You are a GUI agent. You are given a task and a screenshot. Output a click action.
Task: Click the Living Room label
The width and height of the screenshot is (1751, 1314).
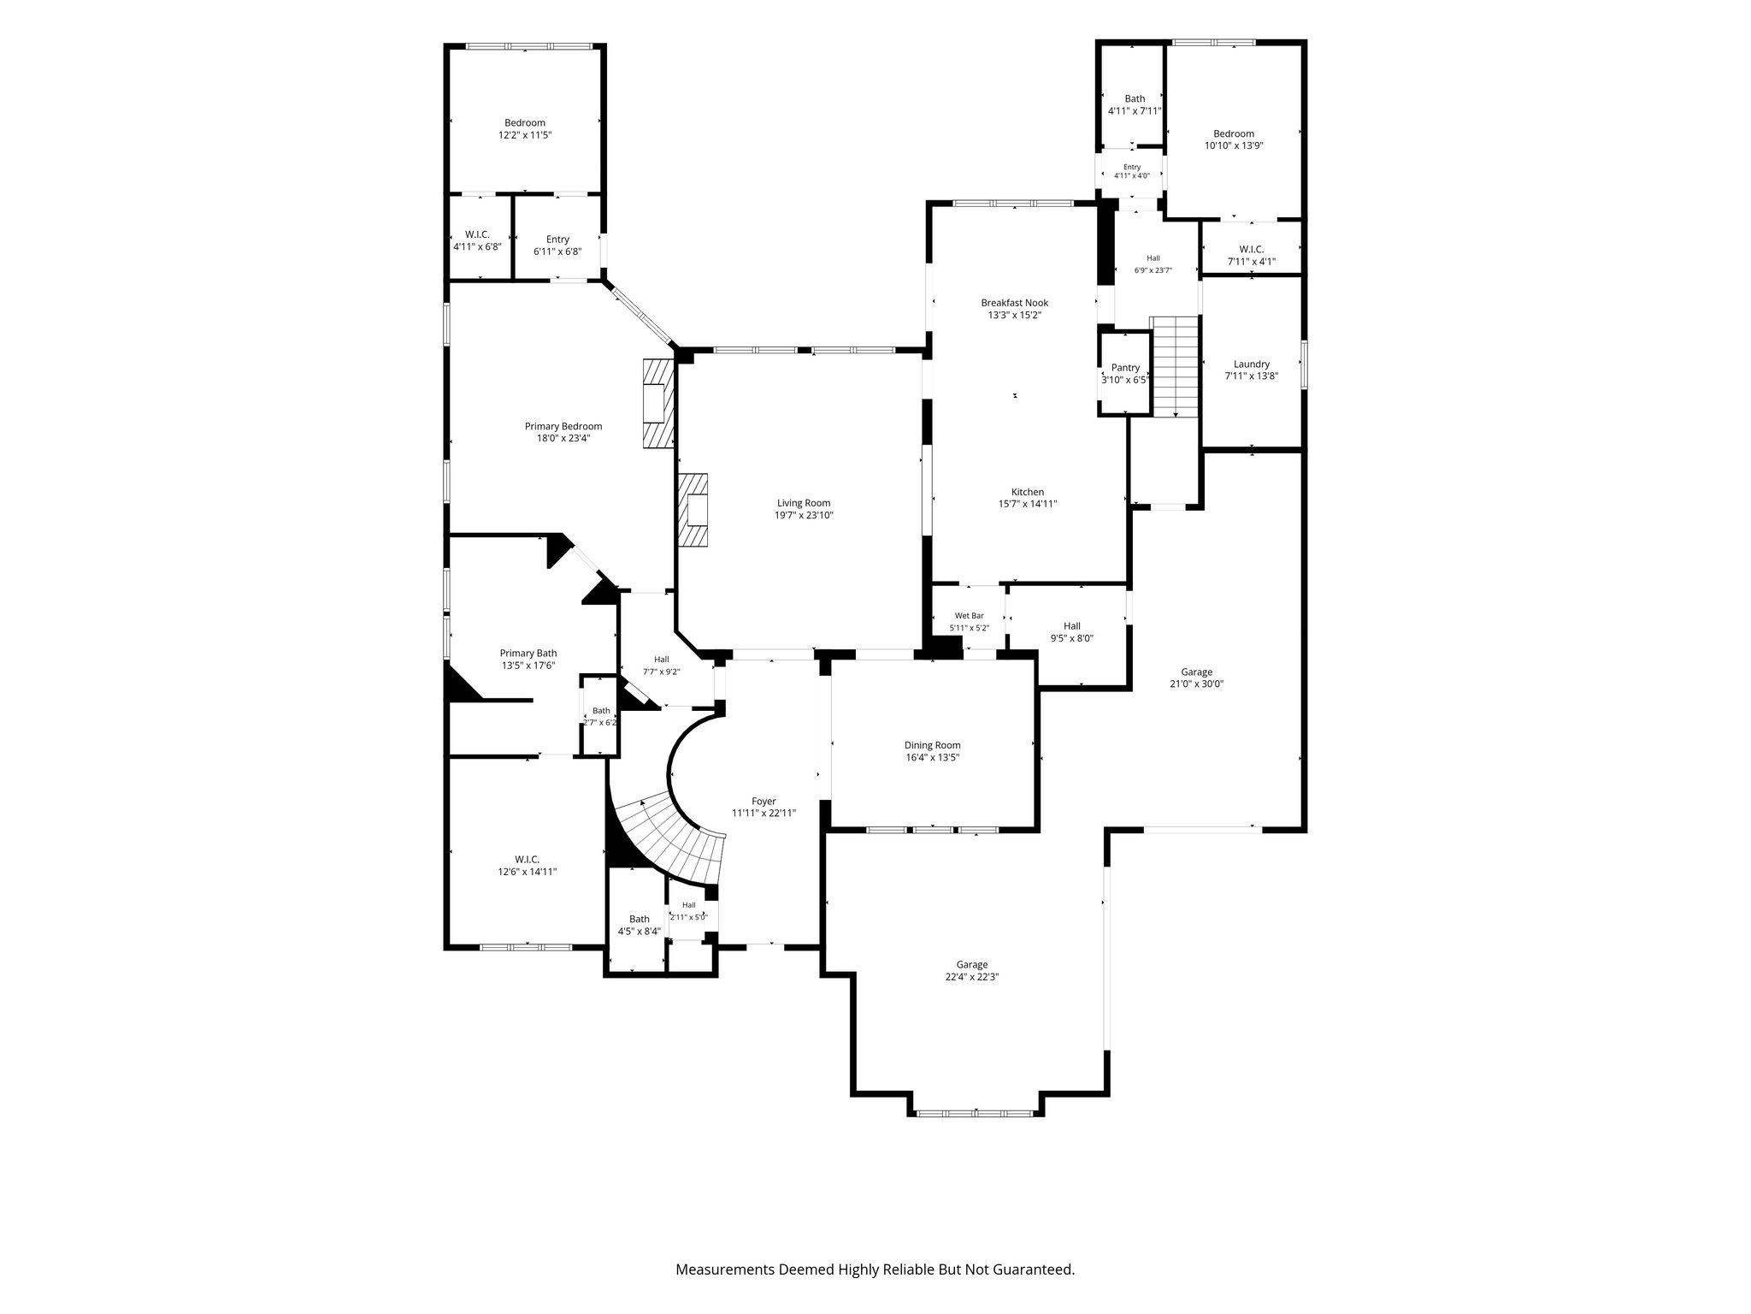pyautogui.click(x=803, y=503)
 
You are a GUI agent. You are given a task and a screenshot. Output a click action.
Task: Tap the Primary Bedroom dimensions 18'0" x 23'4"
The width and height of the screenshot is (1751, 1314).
pyautogui.click(x=563, y=438)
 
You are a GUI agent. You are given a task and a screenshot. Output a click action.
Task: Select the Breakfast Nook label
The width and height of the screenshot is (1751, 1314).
pyautogui.click(x=1014, y=303)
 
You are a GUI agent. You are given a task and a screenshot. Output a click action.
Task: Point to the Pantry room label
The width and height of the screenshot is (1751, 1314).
pyautogui.click(x=1125, y=368)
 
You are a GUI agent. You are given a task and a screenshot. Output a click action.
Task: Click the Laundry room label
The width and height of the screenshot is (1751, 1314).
pyautogui.click(x=1251, y=364)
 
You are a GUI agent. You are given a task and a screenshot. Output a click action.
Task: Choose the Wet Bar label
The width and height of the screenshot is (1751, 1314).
pyautogui.click(x=969, y=616)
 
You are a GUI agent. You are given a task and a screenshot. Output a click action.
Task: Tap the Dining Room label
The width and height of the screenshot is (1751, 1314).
pyautogui.click(x=932, y=745)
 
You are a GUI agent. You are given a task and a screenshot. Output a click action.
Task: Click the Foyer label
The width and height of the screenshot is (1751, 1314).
pyautogui.click(x=763, y=802)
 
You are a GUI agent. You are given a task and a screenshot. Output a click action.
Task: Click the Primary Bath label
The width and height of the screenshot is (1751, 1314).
pyautogui.click(x=528, y=654)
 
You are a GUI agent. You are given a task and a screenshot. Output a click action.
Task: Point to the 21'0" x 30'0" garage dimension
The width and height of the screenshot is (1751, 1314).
pyautogui.click(x=1196, y=684)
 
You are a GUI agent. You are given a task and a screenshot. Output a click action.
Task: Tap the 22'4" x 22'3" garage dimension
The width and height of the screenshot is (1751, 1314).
pyautogui.click(x=965, y=977)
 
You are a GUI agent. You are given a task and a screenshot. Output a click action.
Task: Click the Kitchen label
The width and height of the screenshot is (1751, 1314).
pyautogui.click(x=1027, y=493)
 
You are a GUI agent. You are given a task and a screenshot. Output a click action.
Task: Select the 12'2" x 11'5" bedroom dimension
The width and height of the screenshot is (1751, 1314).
pyautogui.click(x=525, y=135)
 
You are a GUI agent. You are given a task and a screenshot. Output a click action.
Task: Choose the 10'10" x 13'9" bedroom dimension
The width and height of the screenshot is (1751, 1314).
pyautogui.click(x=1234, y=145)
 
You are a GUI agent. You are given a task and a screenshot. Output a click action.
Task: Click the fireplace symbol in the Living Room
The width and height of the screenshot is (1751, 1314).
pyautogui.click(x=693, y=510)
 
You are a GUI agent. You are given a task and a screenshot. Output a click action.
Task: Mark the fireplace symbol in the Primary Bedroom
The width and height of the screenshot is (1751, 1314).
pyautogui.click(x=658, y=402)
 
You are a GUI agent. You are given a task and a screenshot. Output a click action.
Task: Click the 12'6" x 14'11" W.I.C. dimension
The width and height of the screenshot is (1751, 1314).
pyautogui.click(x=527, y=872)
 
